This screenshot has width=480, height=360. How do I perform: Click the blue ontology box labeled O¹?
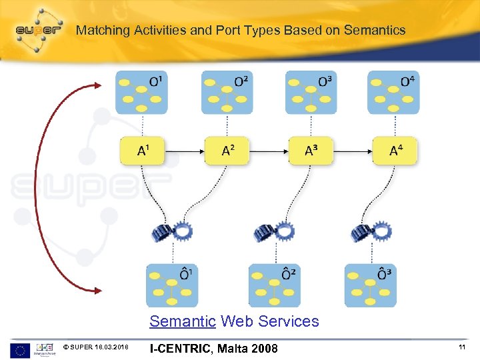tap(141, 92)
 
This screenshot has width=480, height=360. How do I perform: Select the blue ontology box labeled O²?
tap(227, 92)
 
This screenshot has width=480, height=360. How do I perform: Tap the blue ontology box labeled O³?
tap(311, 92)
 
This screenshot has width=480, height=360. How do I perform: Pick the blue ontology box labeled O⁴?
tap(393, 92)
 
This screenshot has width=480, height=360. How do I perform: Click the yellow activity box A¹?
tap(142, 151)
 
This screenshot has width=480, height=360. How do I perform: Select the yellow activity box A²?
tap(227, 151)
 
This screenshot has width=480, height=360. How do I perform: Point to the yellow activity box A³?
tap(311, 151)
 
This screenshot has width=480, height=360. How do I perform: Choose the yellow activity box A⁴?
tap(395, 151)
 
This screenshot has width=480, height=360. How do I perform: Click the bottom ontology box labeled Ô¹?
tap(172, 285)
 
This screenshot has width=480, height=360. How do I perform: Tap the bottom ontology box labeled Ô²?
tap(274, 285)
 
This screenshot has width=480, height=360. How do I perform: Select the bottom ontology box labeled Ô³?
tap(370, 285)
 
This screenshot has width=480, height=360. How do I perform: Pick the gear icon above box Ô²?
tap(273, 231)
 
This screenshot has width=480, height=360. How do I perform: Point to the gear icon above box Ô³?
tap(370, 231)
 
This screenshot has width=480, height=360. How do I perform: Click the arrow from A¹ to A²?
tap(185, 151)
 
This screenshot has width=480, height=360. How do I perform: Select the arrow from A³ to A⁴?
tap(353, 151)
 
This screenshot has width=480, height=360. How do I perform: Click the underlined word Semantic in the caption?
tap(183, 321)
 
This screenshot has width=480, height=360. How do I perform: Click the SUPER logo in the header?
tap(39, 30)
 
